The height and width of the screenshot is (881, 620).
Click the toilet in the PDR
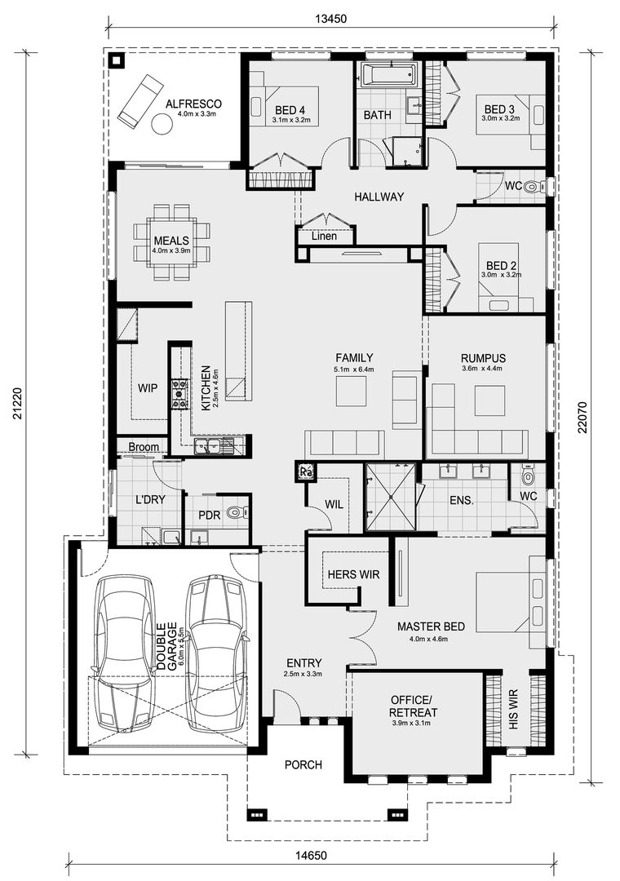(x=233, y=514)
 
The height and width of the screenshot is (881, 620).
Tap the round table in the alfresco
(x=162, y=123)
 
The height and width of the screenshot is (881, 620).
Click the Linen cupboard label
(x=324, y=237)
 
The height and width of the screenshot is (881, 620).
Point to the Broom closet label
(x=143, y=447)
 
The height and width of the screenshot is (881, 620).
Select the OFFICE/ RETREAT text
(x=414, y=706)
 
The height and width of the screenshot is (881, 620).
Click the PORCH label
(x=303, y=765)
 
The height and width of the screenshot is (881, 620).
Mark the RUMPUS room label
(x=483, y=359)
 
